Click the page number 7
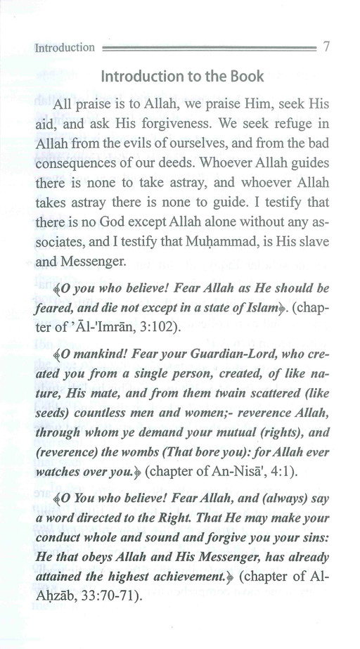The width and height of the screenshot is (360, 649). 326,47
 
